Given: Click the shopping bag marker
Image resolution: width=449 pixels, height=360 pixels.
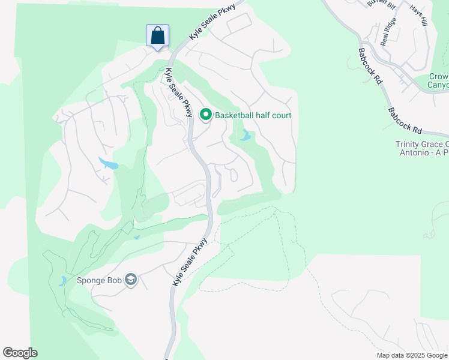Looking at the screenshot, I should (x=157, y=35).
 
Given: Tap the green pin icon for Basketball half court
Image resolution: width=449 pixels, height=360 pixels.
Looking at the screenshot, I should (x=206, y=114).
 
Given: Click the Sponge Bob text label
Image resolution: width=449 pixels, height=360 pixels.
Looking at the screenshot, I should (x=99, y=280).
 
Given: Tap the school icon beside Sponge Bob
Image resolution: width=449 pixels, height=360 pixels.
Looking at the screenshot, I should (x=131, y=280).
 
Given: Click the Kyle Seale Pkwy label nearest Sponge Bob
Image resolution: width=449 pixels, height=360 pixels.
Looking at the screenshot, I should (x=190, y=262).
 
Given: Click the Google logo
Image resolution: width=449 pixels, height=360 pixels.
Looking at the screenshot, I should (x=20, y=353).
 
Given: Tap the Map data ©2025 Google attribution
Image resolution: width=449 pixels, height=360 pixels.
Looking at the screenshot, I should (x=412, y=355).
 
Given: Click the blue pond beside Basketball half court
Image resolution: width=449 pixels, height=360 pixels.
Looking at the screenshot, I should (x=245, y=136).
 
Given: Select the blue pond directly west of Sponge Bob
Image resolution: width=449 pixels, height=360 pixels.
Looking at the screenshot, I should (x=63, y=281).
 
